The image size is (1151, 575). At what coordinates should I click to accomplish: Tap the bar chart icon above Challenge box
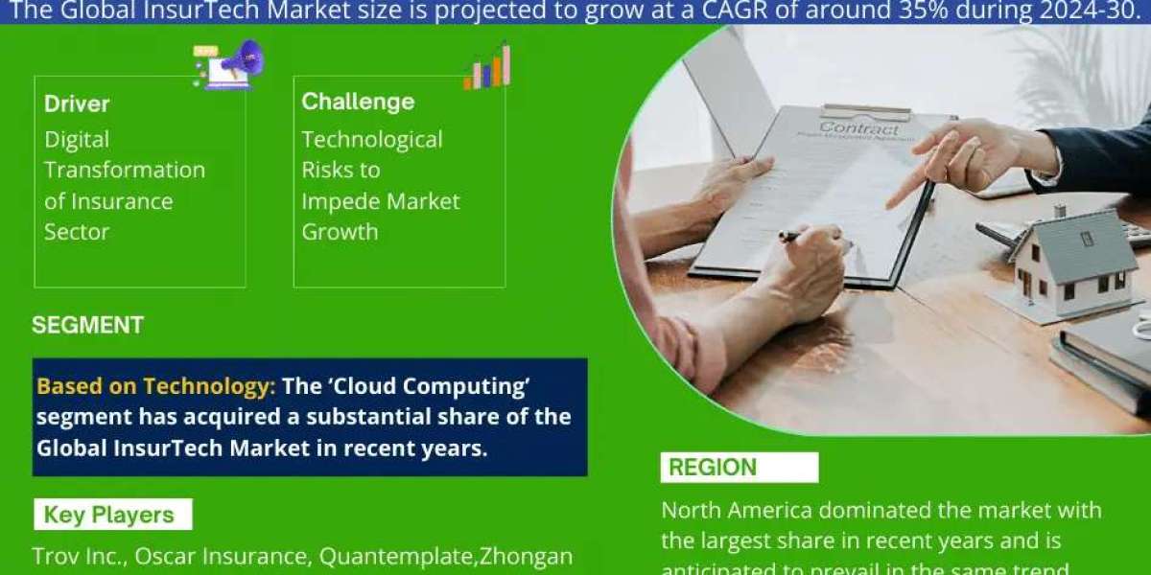click(x=487, y=68)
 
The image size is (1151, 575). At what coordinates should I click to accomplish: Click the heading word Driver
click(x=77, y=103)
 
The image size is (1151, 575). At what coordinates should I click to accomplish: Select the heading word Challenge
click(x=358, y=102)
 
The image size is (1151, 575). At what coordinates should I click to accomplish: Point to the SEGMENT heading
click(x=87, y=325)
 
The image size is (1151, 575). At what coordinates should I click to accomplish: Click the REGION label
click(x=713, y=468)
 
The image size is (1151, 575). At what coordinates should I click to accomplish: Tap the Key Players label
click(x=108, y=515)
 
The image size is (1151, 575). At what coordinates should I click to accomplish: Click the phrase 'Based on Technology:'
click(x=156, y=386)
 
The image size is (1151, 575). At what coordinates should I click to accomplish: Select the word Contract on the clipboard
click(x=859, y=127)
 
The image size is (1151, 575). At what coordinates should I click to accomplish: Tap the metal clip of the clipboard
click(x=865, y=111)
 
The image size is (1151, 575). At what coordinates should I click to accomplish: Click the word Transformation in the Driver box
click(x=125, y=170)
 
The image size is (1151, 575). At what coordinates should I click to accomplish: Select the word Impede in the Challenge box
click(x=335, y=201)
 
